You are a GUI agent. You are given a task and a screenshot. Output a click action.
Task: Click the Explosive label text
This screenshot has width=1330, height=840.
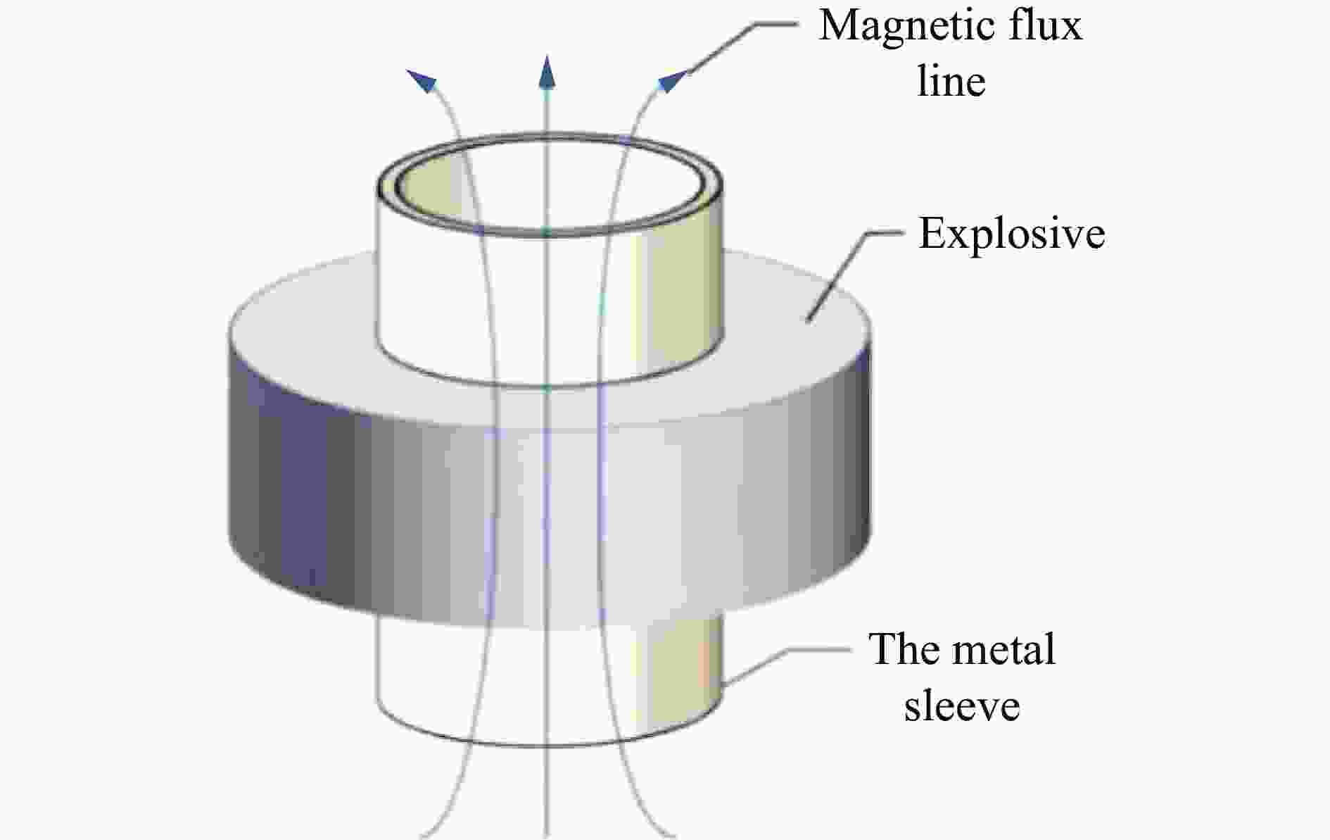click(1012, 234)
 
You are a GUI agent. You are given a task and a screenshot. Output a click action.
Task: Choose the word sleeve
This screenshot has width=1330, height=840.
click(962, 705)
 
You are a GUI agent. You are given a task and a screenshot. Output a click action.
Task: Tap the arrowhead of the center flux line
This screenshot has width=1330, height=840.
click(547, 71)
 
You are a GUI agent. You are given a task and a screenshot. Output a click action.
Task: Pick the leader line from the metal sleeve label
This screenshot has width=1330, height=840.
click(785, 665)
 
